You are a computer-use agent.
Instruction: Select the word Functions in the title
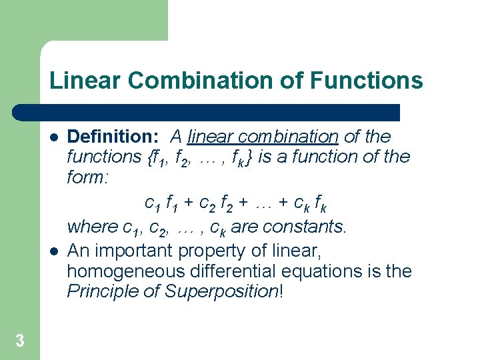pos(366,81)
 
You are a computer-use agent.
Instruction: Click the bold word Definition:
pos(113,137)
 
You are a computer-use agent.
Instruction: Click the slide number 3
pos(20,341)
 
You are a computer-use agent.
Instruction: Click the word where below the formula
pos(93,227)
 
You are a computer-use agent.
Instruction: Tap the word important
pos(147,251)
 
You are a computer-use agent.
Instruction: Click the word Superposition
pos(223,292)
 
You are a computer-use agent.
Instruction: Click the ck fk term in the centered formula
pos(311,202)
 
